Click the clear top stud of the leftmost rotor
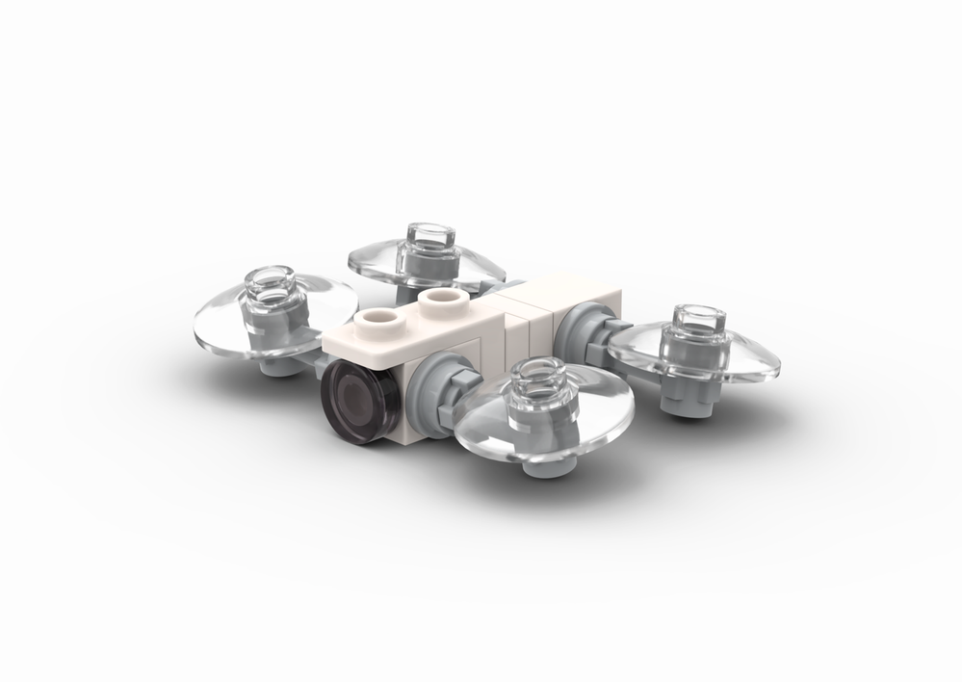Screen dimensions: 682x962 pyautogui.click(x=273, y=281)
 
